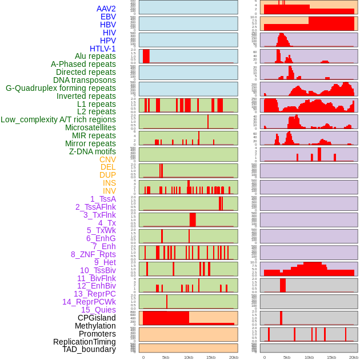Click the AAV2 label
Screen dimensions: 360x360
(106, 9)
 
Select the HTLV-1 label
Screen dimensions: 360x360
(103, 49)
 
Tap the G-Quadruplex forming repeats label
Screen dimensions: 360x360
(61, 88)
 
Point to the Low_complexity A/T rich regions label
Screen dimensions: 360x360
(58, 119)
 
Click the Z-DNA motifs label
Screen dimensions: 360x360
(93, 151)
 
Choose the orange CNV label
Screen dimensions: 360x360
(107, 159)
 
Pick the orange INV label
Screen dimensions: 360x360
(109, 191)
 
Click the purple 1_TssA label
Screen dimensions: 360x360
(103, 199)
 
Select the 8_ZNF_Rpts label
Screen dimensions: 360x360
(93, 254)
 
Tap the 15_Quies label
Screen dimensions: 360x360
(98, 310)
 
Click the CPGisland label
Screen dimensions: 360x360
(97, 318)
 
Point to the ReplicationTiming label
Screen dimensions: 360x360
(85, 342)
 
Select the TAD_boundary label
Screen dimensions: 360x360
(89, 349)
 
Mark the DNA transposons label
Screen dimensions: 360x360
(85, 80)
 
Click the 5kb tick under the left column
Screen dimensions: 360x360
(166, 357)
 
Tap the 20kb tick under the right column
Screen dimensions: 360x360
(354, 357)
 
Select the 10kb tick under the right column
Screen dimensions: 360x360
(309, 357)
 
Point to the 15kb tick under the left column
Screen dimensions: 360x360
(210, 357)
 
